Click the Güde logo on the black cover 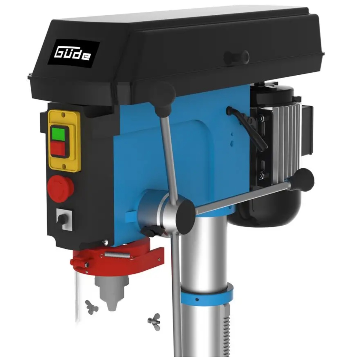coord(72,54)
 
